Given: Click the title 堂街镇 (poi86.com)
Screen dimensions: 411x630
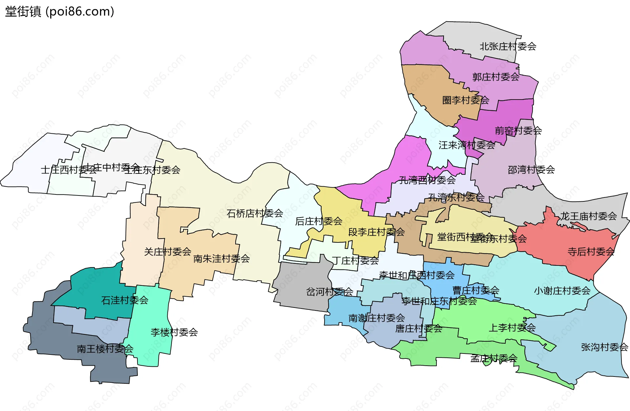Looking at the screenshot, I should point(59,11).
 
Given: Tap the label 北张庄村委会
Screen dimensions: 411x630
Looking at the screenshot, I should point(508,46).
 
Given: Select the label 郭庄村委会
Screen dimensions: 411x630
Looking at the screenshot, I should point(495,77).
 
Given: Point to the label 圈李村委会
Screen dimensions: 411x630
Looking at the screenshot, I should point(465,100).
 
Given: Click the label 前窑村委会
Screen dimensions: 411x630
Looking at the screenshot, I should point(518,131).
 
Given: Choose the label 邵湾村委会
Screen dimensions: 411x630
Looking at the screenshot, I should point(531,170).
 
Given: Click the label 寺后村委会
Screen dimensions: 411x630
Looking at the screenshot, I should point(591,252).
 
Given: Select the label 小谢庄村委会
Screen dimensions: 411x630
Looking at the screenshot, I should point(562,291).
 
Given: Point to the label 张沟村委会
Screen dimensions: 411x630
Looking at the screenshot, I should point(604,347).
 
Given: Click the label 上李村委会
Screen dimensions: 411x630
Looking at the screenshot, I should point(512,328).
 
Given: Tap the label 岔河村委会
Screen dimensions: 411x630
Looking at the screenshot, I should point(329,292).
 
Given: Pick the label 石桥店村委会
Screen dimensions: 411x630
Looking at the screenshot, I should point(255,214).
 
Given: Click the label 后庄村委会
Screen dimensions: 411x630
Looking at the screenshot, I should point(318,221).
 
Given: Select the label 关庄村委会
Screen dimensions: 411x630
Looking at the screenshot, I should point(167,252).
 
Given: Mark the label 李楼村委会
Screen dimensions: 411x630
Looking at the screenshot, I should point(174,332).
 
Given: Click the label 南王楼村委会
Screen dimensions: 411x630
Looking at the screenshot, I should point(105,349).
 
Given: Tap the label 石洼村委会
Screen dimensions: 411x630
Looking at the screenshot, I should point(125,300).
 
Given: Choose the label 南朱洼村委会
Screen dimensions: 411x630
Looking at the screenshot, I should point(221,259).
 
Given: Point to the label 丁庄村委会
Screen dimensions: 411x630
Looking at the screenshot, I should point(355,261).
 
